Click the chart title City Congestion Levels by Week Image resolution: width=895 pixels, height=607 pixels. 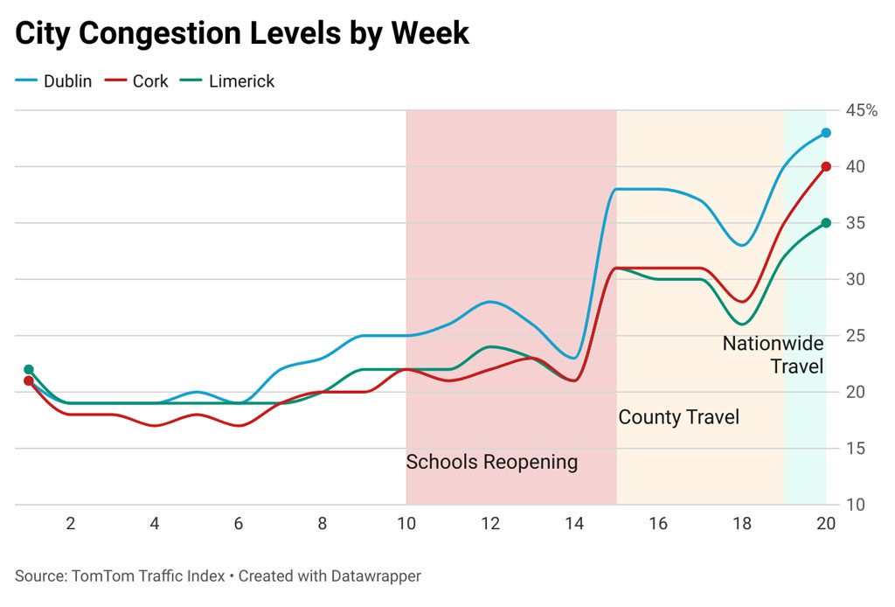point(242,33)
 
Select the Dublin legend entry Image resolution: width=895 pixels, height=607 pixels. point(54,81)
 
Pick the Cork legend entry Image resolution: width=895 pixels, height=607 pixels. point(137,81)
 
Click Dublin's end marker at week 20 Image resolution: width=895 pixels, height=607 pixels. point(826,133)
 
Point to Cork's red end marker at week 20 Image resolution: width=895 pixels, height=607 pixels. point(826,167)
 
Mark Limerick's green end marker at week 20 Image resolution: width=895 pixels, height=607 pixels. point(826,223)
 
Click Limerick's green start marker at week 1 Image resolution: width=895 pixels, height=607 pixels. point(29,369)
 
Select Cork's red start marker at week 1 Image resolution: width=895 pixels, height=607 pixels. point(29,381)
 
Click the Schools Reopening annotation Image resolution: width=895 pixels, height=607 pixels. point(491,462)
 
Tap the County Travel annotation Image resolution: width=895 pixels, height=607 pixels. point(678,417)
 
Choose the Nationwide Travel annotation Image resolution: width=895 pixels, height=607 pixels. point(773,354)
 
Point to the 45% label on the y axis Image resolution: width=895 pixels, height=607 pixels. point(861,111)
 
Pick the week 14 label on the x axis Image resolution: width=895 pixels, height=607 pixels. point(574,525)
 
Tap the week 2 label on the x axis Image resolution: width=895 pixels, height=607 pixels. point(71,525)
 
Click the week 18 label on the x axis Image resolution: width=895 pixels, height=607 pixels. point(742,525)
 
